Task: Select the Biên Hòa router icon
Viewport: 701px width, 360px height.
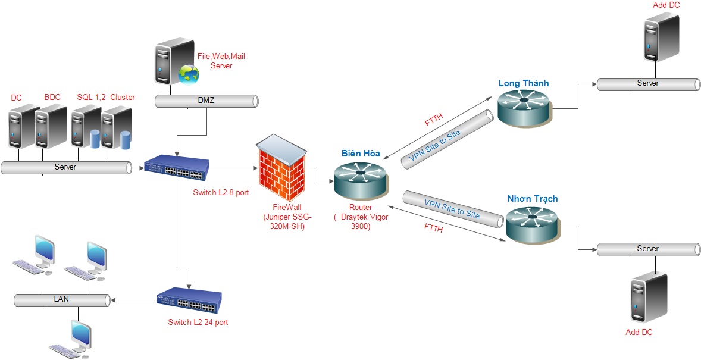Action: click(x=359, y=179)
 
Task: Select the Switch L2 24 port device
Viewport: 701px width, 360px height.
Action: click(x=189, y=302)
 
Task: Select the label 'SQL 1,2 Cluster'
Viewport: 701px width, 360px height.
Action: click(x=106, y=97)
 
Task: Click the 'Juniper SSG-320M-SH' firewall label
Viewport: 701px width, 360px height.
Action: click(x=284, y=217)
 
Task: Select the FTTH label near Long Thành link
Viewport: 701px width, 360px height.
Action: click(x=433, y=120)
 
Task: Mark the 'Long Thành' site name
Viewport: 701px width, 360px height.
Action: click(x=524, y=83)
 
